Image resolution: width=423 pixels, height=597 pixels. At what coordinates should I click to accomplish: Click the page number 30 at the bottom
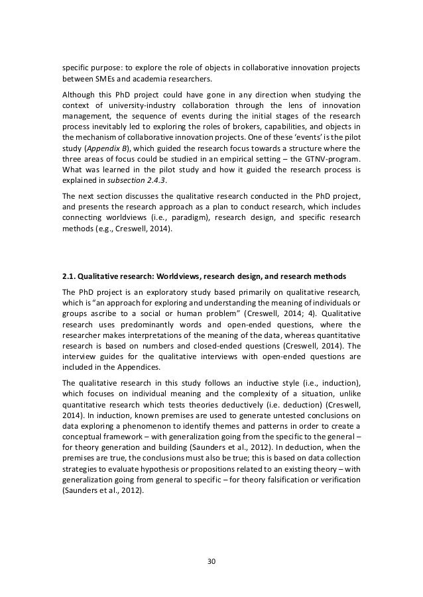tap(211, 560)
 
